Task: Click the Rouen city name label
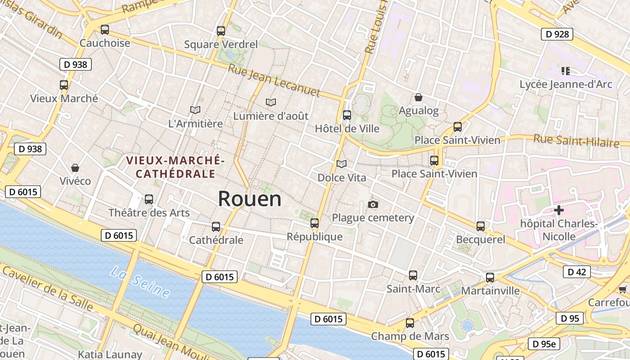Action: (x=250, y=199)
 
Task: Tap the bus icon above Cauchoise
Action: (x=105, y=30)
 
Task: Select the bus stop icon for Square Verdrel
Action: (x=220, y=31)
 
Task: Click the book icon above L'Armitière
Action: (x=195, y=110)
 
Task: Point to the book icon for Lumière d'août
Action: (x=270, y=103)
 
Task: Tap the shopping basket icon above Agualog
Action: (x=418, y=97)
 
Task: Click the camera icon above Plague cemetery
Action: (x=373, y=205)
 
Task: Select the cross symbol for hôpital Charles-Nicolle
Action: (x=558, y=210)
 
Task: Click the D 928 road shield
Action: (x=557, y=34)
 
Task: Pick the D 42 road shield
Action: (x=576, y=272)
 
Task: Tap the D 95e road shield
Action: (x=544, y=344)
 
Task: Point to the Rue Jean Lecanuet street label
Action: (x=274, y=81)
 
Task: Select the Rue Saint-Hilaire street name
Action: (x=576, y=140)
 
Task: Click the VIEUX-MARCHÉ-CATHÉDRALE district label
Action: (x=175, y=167)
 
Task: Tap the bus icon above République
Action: (x=315, y=223)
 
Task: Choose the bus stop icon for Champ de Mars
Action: (x=409, y=323)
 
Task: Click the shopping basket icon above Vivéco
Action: (x=75, y=168)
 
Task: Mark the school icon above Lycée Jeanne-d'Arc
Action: (x=566, y=71)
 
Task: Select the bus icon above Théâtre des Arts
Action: (x=149, y=199)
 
